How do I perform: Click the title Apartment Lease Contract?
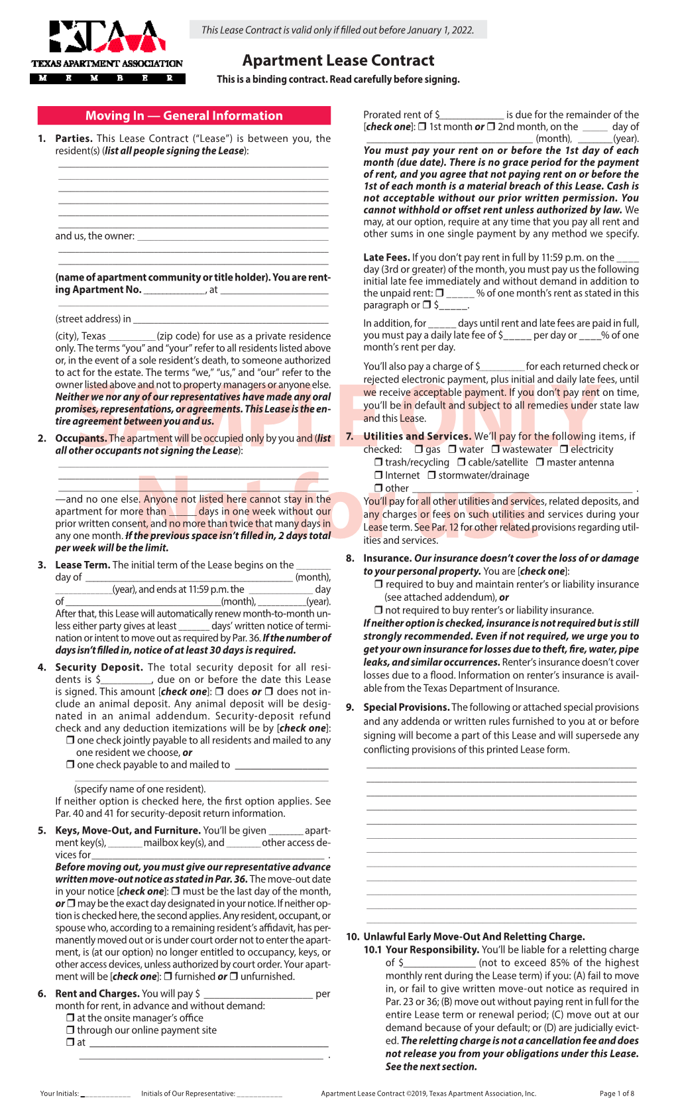[338, 60]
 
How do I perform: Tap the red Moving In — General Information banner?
[184, 115]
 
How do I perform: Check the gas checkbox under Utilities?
[419, 450]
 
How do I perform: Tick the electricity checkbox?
[564, 450]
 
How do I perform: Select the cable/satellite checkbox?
[461, 462]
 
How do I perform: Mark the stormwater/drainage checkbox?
[431, 475]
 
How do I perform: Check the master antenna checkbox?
[540, 462]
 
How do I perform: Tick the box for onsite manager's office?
[70, 1018]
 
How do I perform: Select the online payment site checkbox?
[70, 1030]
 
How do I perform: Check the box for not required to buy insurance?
[378, 610]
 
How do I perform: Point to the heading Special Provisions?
[406, 707]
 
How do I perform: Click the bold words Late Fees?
[386, 257]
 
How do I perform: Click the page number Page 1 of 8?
[616, 1093]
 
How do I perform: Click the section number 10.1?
[372, 950]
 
